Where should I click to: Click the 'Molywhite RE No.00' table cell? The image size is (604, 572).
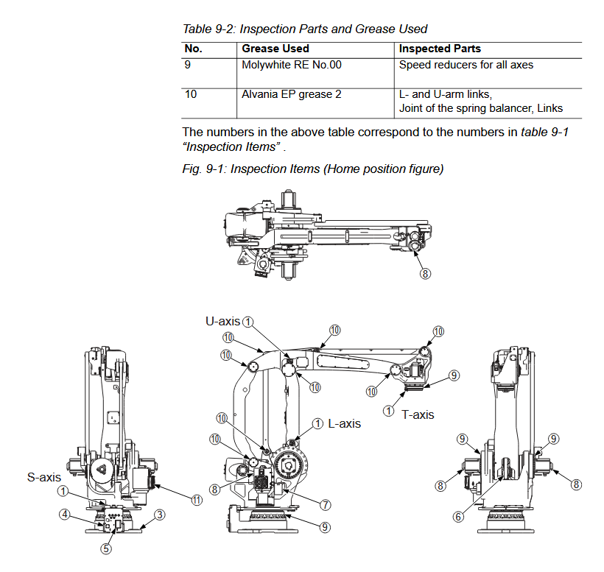(x=292, y=65)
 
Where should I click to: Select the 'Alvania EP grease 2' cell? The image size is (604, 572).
(x=291, y=94)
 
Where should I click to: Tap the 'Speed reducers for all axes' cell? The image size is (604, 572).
(x=466, y=65)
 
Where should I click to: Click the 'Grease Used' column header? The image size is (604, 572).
(x=275, y=49)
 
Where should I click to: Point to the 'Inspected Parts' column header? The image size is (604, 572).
(x=440, y=49)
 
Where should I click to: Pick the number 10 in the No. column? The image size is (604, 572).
(x=191, y=94)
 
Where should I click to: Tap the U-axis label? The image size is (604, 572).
(x=222, y=321)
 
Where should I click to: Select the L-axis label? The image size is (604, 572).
(x=344, y=424)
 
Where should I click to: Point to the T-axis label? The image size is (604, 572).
(x=418, y=414)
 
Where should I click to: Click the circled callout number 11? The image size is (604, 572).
(x=196, y=500)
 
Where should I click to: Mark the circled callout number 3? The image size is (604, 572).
(x=160, y=515)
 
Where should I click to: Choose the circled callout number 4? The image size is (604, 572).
(x=64, y=515)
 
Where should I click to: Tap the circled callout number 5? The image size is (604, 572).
(x=106, y=548)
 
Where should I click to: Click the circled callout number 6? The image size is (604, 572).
(x=457, y=517)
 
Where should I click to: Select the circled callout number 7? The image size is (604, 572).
(x=324, y=504)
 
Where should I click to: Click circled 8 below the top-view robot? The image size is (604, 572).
(x=425, y=273)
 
